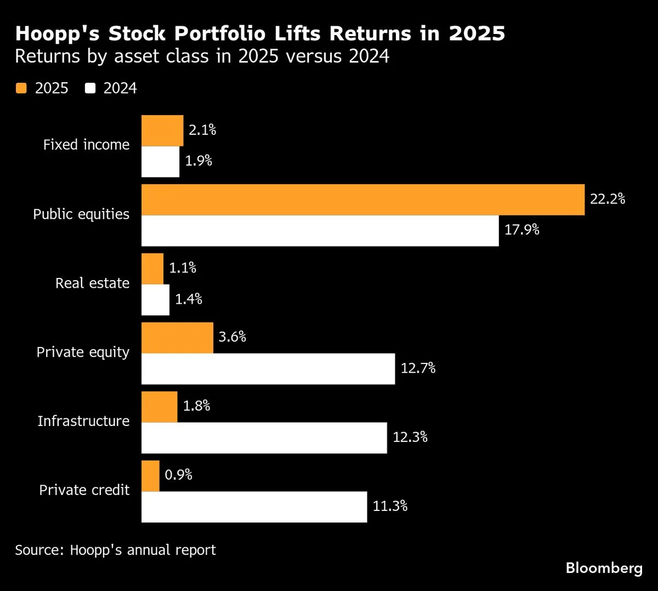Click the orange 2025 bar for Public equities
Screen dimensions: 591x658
click(362, 200)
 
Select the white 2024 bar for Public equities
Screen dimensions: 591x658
click(320, 231)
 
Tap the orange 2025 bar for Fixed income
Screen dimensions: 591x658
click(162, 130)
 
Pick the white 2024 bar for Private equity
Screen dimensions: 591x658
click(268, 368)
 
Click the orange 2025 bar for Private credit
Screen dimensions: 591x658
click(150, 476)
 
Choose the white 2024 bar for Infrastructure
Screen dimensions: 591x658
click(264, 437)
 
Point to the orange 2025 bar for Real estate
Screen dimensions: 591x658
click(152, 269)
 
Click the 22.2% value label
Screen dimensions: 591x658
click(608, 199)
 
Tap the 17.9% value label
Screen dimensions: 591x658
click(521, 230)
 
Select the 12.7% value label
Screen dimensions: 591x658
click(418, 368)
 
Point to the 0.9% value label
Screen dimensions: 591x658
click(179, 475)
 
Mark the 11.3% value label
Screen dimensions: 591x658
click(390, 506)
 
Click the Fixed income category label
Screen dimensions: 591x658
click(87, 145)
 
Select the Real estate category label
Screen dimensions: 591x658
click(92, 283)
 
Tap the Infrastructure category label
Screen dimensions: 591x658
click(83, 421)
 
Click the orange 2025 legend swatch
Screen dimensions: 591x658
click(21, 88)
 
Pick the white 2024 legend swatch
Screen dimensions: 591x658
click(90, 88)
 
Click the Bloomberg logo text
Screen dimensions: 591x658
click(604, 568)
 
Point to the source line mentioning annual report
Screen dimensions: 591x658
click(115, 550)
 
